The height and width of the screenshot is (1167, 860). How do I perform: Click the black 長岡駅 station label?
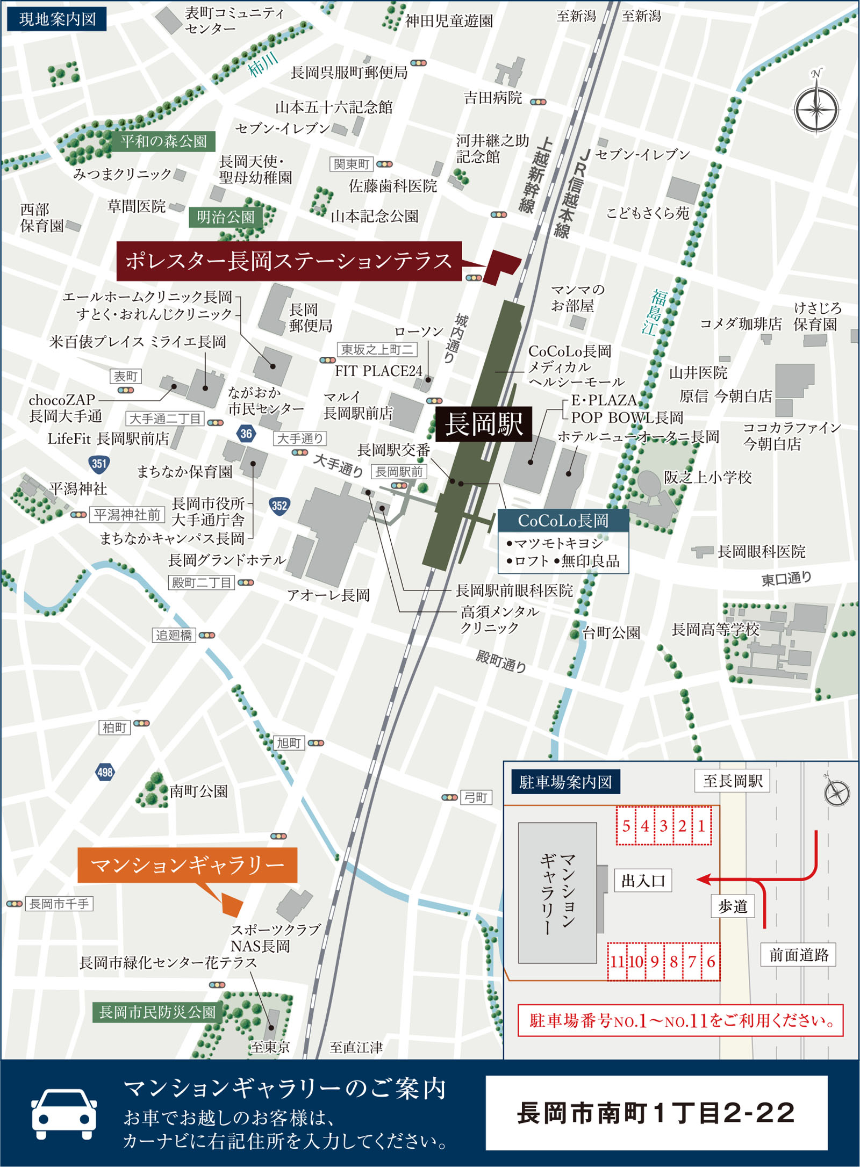(x=483, y=424)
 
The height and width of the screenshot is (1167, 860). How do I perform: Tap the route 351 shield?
(x=99, y=463)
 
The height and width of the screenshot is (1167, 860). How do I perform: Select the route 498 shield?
(x=105, y=772)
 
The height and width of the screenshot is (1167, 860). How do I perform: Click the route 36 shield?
(x=246, y=434)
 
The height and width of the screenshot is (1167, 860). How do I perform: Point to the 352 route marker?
(x=279, y=505)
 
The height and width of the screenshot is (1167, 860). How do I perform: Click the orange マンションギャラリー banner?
(x=187, y=865)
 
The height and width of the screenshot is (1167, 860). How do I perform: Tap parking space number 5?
(x=626, y=826)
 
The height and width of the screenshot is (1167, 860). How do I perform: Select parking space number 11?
(x=617, y=961)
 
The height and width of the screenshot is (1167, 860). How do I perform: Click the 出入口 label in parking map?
(x=643, y=881)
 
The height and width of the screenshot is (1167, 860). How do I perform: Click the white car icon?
(x=64, y=1113)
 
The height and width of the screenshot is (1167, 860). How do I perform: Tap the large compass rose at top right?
(x=816, y=108)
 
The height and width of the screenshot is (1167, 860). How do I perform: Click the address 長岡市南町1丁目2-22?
(x=656, y=1112)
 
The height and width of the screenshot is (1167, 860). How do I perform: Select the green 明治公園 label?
(x=225, y=217)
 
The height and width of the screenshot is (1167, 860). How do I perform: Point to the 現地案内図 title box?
(x=57, y=19)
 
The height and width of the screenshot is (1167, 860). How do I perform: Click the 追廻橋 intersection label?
(x=174, y=635)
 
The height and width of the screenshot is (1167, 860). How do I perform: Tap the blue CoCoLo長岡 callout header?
(x=563, y=520)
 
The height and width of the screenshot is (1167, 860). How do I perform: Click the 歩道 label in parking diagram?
(x=733, y=906)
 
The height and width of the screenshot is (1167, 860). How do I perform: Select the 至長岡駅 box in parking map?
(x=732, y=781)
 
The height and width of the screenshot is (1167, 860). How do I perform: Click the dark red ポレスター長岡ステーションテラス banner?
(x=289, y=261)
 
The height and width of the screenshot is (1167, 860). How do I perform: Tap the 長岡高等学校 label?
(x=715, y=629)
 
